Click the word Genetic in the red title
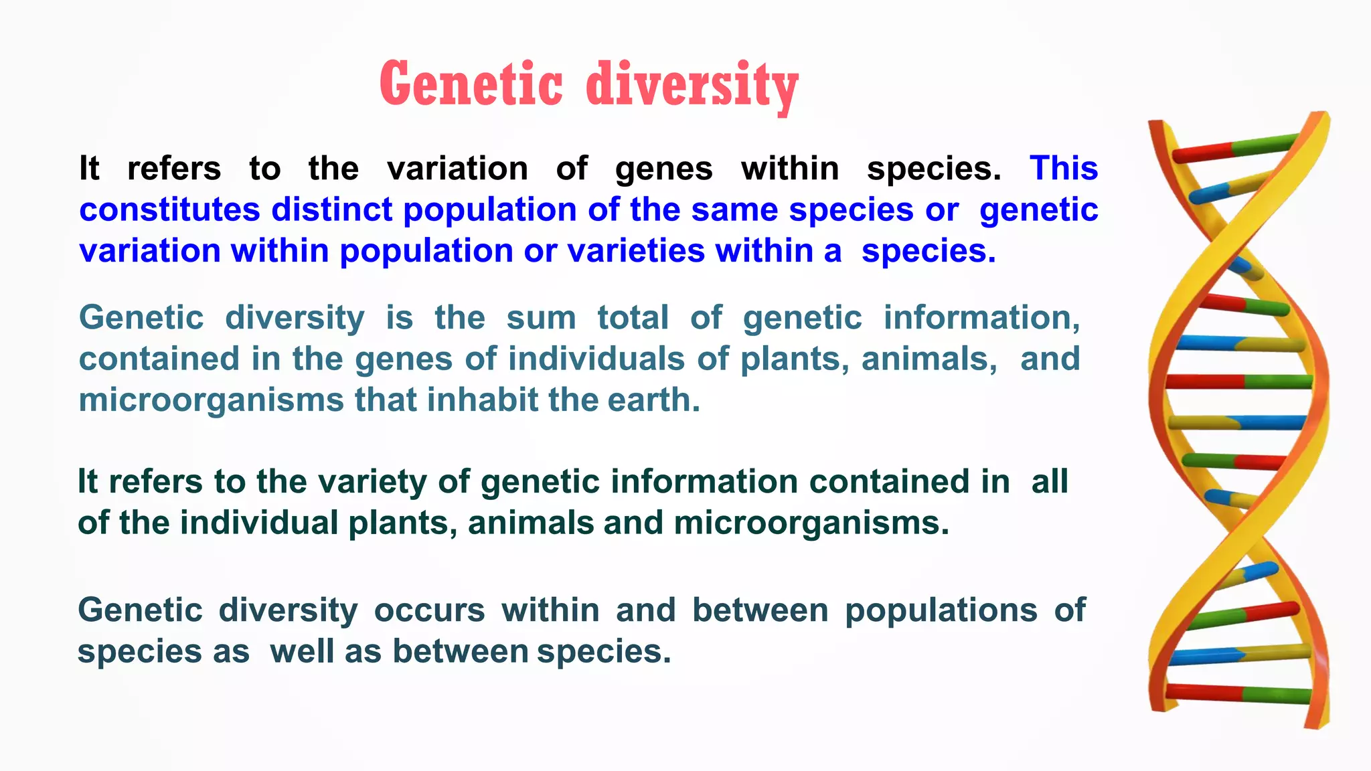pos(471,84)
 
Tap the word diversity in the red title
pos(692,86)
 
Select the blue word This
pos(1064,168)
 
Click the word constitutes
pos(169,209)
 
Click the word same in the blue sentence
pos(734,209)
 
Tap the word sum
pos(541,317)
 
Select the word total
pos(633,317)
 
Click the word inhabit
pos(483,400)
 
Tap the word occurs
pos(429,610)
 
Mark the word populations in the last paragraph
pos(941,610)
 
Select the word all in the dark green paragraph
pos(1049,482)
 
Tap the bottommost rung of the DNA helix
pos(1238,693)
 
